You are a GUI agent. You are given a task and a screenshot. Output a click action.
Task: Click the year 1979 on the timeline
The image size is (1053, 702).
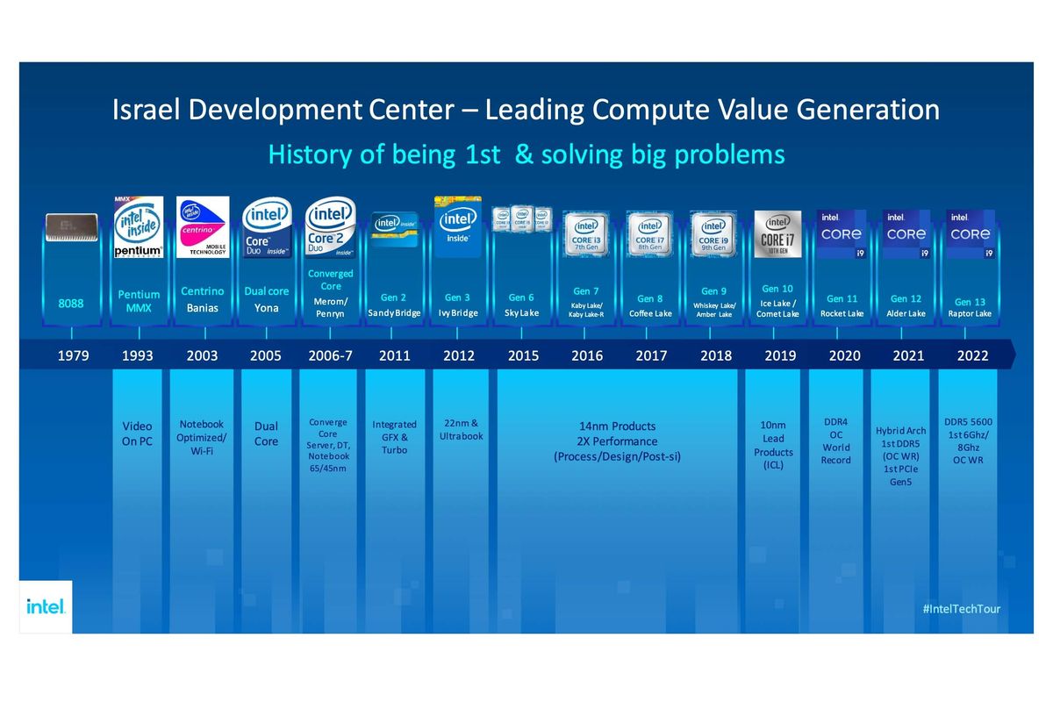tap(72, 355)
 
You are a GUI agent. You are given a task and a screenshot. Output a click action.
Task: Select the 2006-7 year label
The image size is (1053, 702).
tap(330, 355)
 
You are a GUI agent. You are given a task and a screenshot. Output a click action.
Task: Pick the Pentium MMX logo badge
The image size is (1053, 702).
tap(139, 227)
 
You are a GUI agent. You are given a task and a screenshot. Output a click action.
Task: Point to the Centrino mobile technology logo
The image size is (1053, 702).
tap(203, 227)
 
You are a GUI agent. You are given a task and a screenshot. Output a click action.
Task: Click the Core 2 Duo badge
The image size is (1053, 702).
tap(330, 227)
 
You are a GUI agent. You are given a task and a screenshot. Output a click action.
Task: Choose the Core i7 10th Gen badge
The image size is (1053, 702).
tap(777, 233)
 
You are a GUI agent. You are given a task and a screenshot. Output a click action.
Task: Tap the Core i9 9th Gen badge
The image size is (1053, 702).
tap(713, 233)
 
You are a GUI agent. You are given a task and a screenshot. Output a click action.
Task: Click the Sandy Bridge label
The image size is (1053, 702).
tap(394, 313)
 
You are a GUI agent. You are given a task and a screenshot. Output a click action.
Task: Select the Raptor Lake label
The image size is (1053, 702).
tap(970, 313)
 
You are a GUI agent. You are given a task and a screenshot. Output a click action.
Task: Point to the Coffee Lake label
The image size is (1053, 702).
tap(650, 313)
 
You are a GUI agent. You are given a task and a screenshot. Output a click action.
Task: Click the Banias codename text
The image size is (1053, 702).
tap(202, 308)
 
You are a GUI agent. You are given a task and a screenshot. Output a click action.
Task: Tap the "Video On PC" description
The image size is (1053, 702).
tap(137, 433)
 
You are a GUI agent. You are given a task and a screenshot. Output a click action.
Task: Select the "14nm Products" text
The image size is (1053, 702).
tap(616, 426)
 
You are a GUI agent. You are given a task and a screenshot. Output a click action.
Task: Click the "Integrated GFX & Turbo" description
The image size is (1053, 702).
tap(394, 437)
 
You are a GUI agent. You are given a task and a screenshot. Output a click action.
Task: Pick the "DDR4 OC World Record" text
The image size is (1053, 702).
tap(835, 441)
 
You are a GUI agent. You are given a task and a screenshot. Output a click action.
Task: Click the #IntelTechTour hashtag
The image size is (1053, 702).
tap(962, 608)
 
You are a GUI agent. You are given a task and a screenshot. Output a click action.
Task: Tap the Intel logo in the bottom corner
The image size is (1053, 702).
tap(45, 605)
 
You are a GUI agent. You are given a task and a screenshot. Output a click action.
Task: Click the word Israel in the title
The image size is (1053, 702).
tap(143, 111)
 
